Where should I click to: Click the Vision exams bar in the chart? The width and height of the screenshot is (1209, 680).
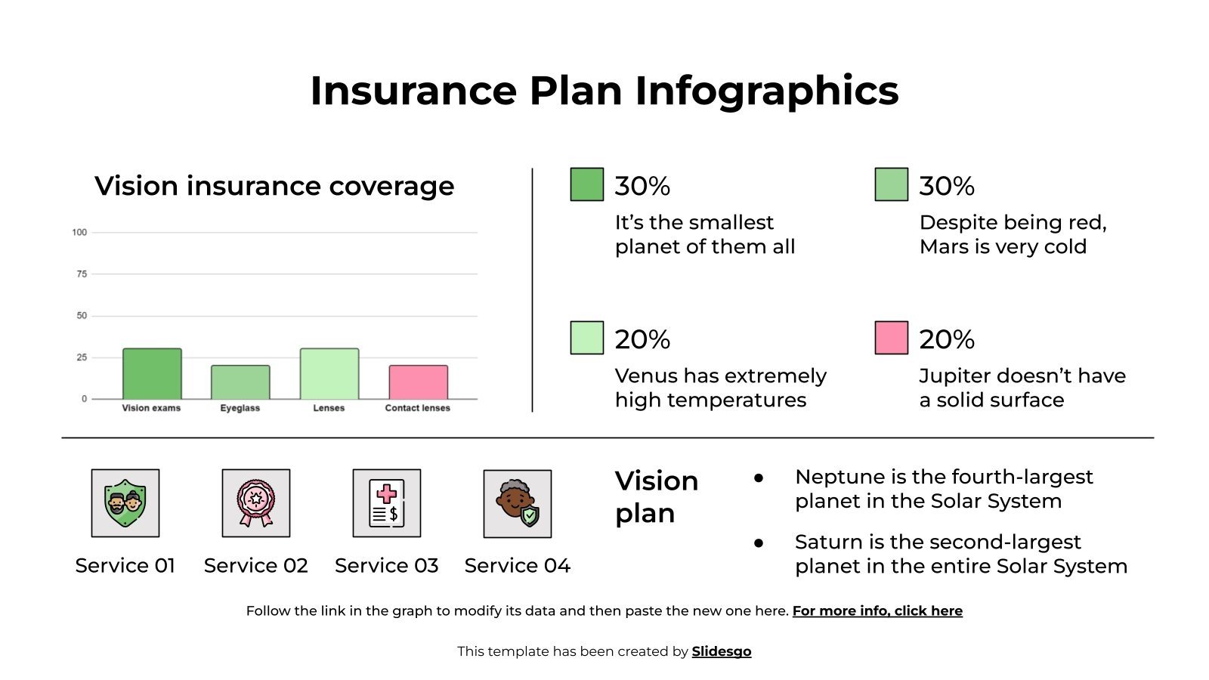152,374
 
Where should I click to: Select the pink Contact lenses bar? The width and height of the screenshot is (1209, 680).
418,382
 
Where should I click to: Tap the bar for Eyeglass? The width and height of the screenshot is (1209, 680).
240,382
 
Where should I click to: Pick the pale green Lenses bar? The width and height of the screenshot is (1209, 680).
329,374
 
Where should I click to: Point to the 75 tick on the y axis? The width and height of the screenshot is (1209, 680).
82,274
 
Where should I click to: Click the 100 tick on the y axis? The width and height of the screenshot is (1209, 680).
79,233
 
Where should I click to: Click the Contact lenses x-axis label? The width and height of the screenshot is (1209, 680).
417,408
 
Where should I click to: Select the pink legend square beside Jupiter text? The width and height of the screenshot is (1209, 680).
891,338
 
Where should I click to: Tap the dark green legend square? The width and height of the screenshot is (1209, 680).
586,184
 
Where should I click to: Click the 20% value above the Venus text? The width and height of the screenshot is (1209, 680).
642,340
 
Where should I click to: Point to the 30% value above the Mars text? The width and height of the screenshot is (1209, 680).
947,187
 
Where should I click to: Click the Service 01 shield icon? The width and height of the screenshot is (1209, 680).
125,503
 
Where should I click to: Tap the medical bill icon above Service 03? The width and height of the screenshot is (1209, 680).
387,503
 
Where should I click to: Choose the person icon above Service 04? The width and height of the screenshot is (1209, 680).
518,504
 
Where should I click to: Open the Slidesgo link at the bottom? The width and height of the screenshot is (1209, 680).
721,651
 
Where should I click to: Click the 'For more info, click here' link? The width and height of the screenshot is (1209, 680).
877,610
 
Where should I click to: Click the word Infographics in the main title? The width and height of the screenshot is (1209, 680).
766,91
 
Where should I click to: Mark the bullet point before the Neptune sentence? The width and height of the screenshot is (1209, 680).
759,478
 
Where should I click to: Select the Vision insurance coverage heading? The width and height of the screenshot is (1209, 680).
274,186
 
